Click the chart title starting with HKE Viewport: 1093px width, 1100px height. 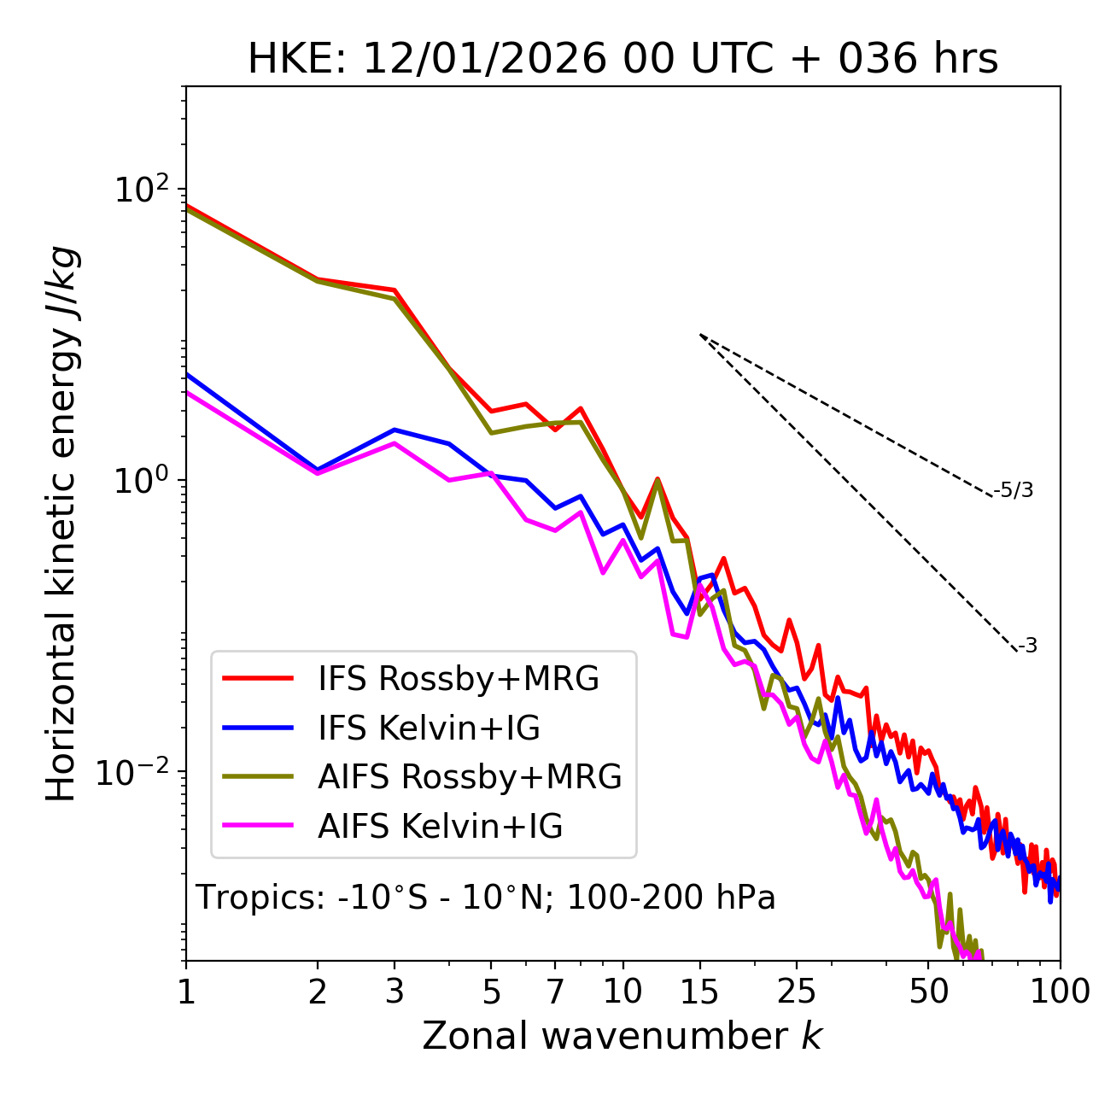click(622, 60)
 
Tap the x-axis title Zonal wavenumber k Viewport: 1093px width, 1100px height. click(622, 1036)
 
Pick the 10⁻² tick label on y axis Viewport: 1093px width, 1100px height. click(137, 773)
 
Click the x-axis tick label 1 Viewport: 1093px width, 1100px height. click(186, 992)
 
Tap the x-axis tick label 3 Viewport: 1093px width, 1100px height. click(395, 992)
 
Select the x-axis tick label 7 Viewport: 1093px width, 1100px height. click(555, 992)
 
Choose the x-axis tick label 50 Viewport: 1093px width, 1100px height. click(928, 992)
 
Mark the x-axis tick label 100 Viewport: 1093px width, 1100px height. click(1060, 992)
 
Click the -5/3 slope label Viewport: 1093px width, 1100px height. click(1014, 490)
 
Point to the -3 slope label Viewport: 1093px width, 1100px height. click(1027, 646)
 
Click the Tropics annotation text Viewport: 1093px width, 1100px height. click(486, 898)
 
